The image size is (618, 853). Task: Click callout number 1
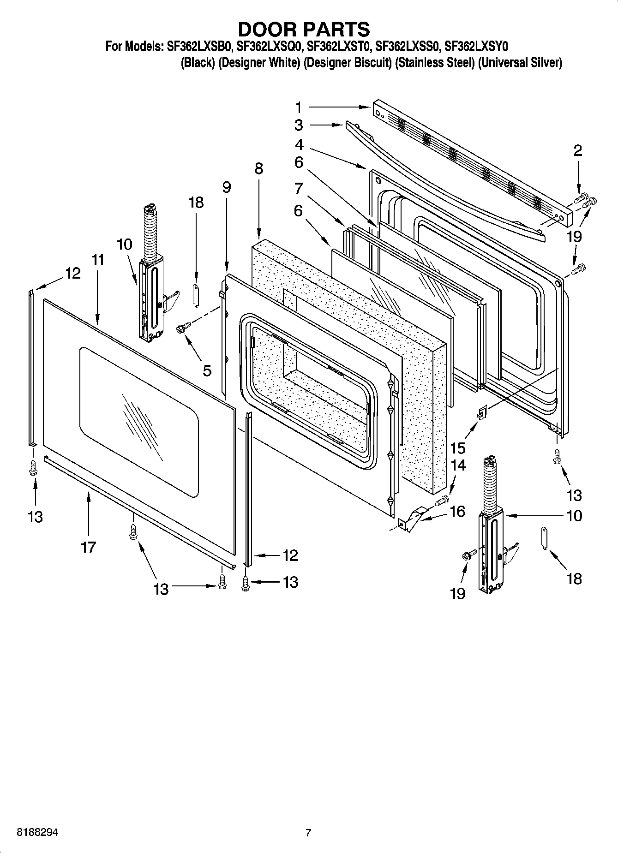click(x=299, y=107)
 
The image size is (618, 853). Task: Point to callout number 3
click(x=299, y=125)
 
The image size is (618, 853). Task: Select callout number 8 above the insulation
click(x=258, y=168)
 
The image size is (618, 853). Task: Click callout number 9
click(x=226, y=187)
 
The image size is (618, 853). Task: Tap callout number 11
click(x=97, y=260)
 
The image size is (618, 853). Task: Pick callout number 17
click(x=88, y=547)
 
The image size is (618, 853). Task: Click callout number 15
click(x=458, y=447)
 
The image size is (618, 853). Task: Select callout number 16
click(x=457, y=512)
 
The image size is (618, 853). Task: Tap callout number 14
click(x=458, y=465)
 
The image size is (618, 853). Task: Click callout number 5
click(x=207, y=370)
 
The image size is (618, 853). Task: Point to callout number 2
click(x=578, y=150)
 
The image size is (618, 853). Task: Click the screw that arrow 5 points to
click(x=180, y=328)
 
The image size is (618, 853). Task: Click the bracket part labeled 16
click(x=412, y=519)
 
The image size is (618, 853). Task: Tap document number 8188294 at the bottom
click(x=38, y=833)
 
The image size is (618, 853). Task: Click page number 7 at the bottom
click(x=308, y=833)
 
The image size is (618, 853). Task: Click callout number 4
click(x=299, y=145)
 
